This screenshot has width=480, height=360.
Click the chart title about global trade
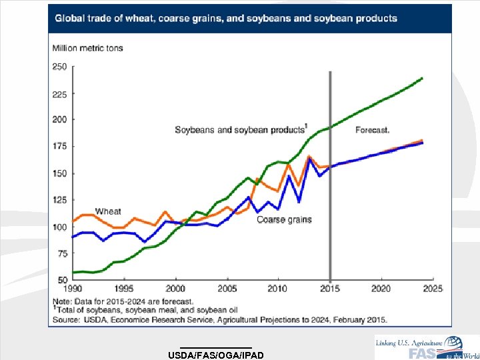[225, 18]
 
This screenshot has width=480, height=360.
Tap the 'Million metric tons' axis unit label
[87, 48]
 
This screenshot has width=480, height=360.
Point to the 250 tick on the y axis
[59, 67]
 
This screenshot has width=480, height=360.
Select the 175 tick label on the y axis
[59, 147]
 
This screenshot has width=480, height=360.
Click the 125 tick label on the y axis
[59, 200]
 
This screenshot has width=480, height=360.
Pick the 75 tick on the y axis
[61, 253]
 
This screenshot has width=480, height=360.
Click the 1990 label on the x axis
[73, 289]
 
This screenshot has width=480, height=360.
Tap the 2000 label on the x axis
[175, 289]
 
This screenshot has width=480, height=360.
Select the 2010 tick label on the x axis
[278, 289]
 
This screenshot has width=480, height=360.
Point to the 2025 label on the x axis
[432, 289]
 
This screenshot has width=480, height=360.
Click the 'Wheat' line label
[108, 211]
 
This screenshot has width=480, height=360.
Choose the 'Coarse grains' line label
[284, 219]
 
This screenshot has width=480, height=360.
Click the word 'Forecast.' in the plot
[372, 130]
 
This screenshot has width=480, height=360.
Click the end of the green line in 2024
[422, 78]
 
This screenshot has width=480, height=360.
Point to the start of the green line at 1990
[73, 272]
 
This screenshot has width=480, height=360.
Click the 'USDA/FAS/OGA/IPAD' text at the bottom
[217, 354]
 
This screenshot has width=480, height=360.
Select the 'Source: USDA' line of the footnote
[220, 319]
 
